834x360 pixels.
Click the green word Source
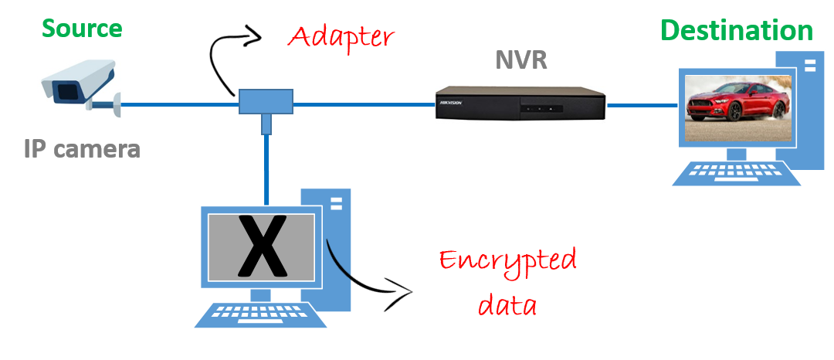tap(82, 29)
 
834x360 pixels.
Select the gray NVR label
tap(521, 60)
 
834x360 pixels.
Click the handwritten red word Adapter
tap(341, 36)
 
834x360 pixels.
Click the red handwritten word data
tap(507, 303)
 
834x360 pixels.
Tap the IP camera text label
tap(82, 148)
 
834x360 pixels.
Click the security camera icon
tap(80, 87)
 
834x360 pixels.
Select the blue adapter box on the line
tap(266, 101)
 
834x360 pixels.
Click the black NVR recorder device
tap(520, 103)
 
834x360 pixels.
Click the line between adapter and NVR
tap(363, 103)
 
